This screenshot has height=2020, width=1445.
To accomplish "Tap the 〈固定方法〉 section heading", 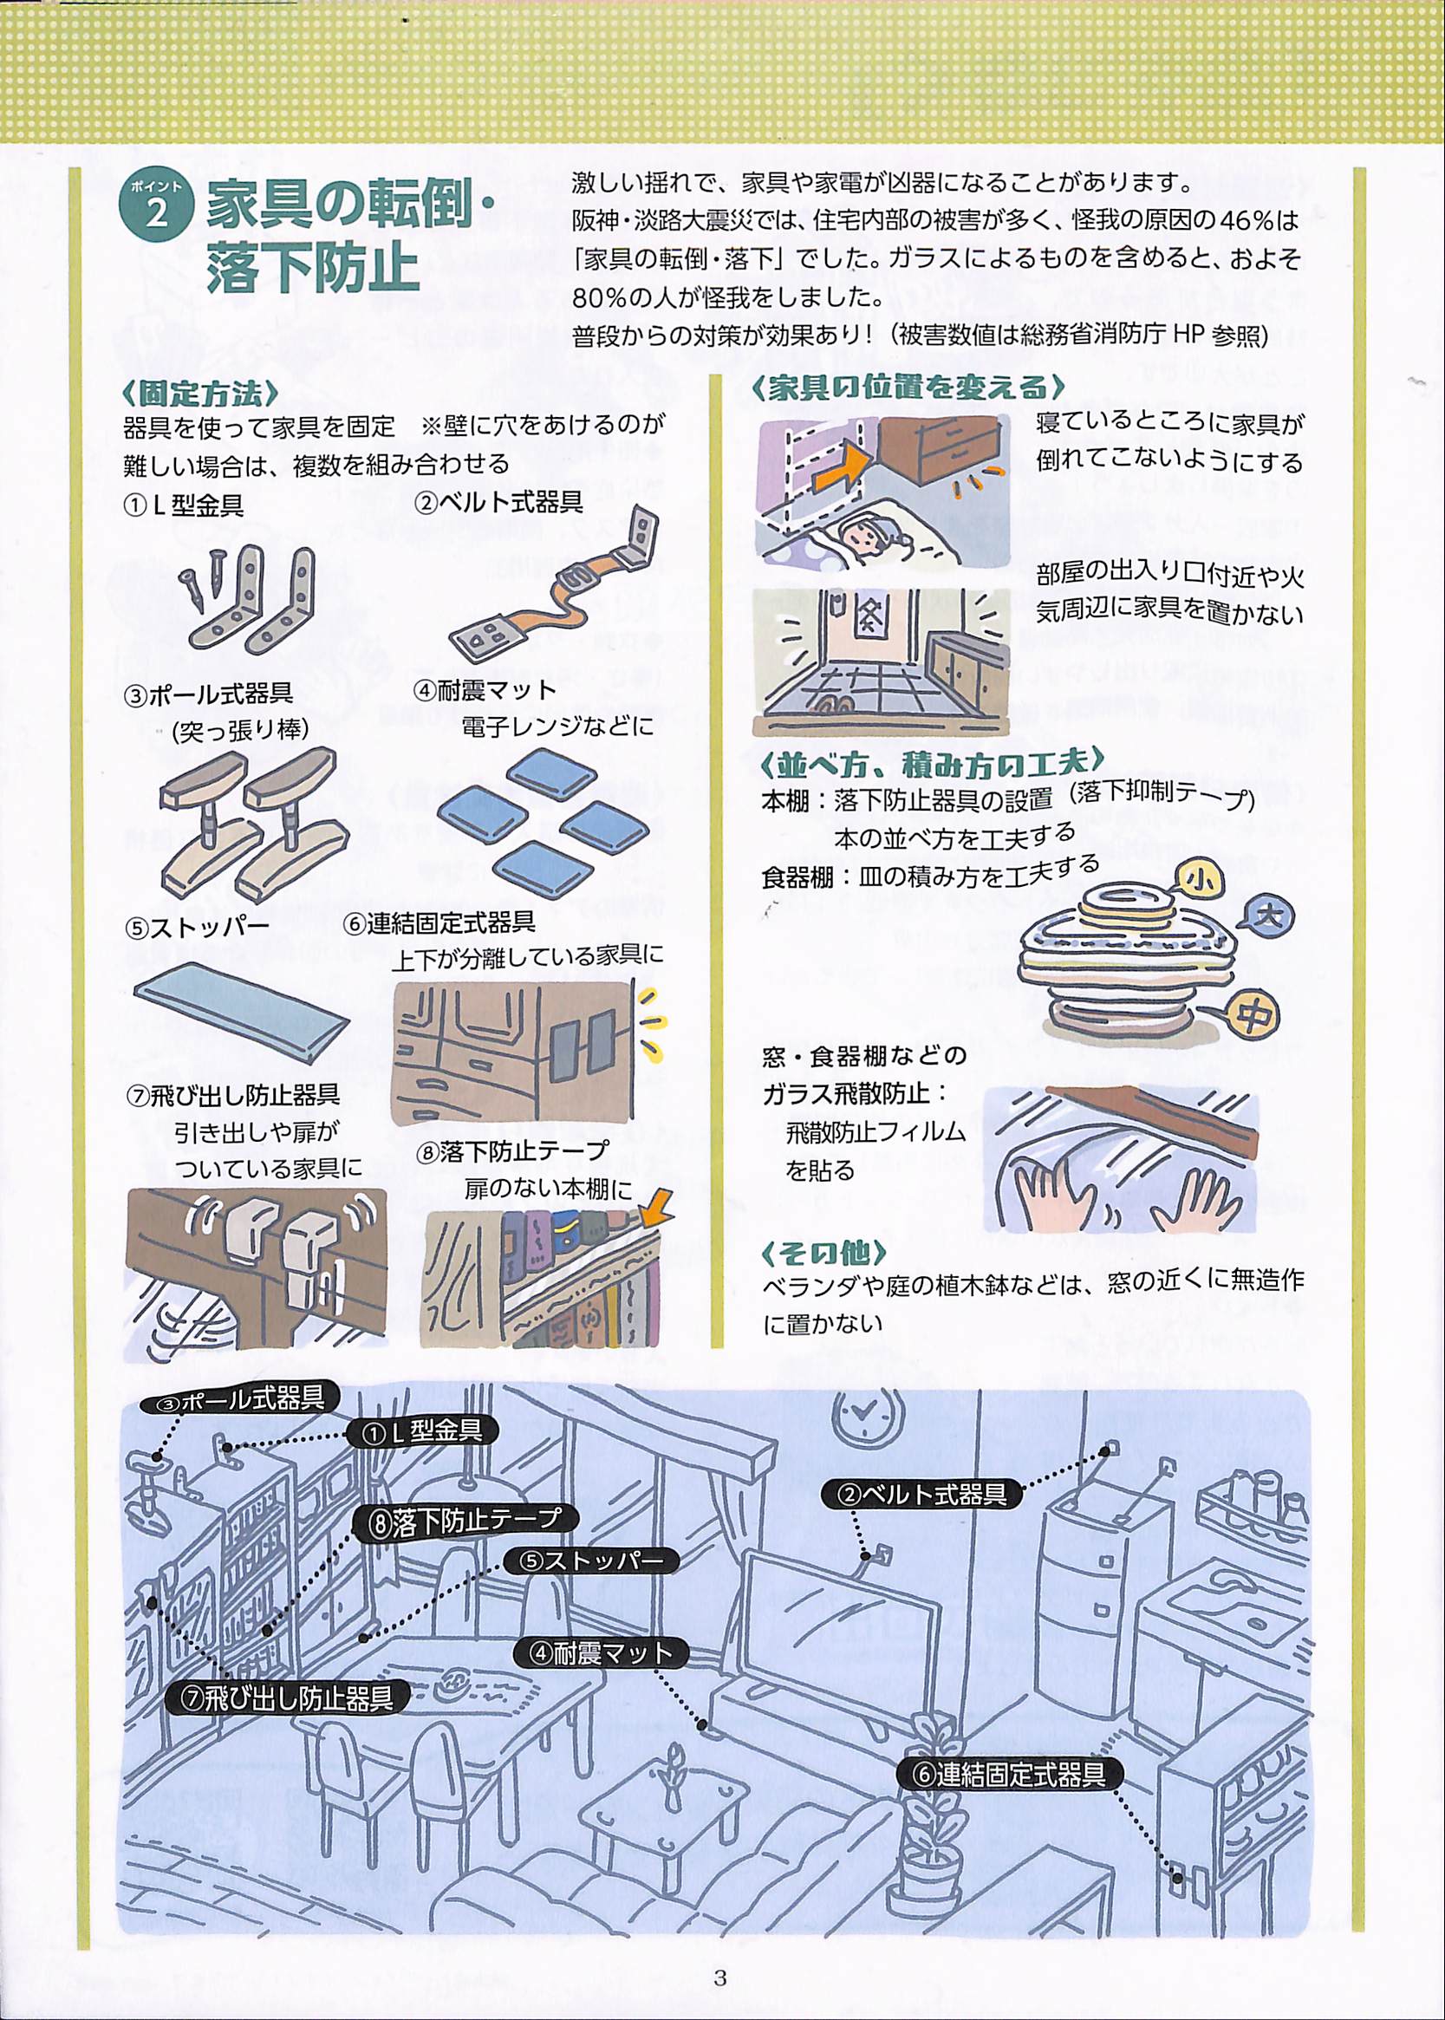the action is pos(202,394).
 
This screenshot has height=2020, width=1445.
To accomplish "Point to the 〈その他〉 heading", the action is pos(824,1252).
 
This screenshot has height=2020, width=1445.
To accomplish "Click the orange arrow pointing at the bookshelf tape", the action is pos(656,1201).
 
